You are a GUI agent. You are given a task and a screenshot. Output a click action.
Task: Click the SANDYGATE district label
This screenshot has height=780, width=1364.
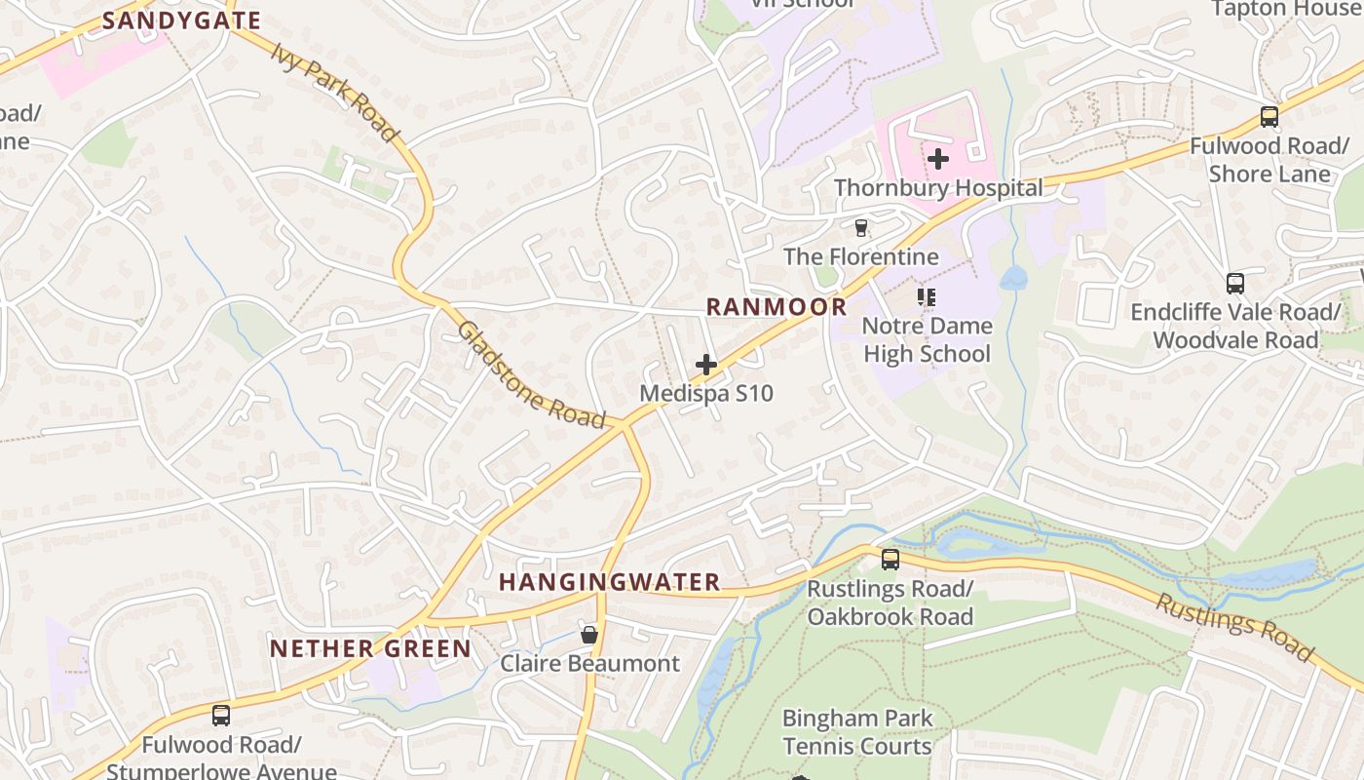(x=181, y=20)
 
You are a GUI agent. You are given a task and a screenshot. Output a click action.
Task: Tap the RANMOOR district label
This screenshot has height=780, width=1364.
(x=777, y=307)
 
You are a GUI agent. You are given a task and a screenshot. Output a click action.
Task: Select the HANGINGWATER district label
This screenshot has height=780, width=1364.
(x=610, y=583)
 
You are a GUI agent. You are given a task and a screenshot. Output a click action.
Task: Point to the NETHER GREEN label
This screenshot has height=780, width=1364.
(x=370, y=648)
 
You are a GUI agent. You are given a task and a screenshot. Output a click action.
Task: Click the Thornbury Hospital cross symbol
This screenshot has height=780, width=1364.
(x=938, y=158)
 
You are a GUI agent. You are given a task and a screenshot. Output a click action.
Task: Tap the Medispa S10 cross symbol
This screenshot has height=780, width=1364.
(x=706, y=365)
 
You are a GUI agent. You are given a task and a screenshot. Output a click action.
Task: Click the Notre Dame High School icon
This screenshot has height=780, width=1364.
(x=927, y=296)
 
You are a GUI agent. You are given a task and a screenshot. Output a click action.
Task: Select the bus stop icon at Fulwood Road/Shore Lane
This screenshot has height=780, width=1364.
(x=1269, y=117)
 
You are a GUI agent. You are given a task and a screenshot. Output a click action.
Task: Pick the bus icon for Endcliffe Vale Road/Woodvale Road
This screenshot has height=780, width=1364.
(x=1235, y=284)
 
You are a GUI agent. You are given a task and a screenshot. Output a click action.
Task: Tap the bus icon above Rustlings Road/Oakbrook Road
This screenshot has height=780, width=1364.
(x=890, y=560)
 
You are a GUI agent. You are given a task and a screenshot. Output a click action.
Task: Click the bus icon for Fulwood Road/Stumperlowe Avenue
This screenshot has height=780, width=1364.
(x=221, y=716)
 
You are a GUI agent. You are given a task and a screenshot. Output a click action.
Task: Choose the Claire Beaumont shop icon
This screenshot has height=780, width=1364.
(x=589, y=635)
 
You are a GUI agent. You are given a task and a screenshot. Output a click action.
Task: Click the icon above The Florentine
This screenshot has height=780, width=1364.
(x=860, y=228)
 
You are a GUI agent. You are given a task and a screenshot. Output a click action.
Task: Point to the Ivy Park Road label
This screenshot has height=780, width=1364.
(x=336, y=92)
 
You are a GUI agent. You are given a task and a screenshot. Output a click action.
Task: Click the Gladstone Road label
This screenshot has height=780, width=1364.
(x=532, y=374)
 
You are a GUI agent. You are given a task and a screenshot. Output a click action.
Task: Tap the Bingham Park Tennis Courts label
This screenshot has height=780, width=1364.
(x=857, y=732)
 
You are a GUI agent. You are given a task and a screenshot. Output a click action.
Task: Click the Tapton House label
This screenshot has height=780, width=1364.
(x=1284, y=9)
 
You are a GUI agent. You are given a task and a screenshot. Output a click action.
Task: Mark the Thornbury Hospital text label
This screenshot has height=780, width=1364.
(x=938, y=188)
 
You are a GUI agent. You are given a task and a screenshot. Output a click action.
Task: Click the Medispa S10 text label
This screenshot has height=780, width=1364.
(x=706, y=393)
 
